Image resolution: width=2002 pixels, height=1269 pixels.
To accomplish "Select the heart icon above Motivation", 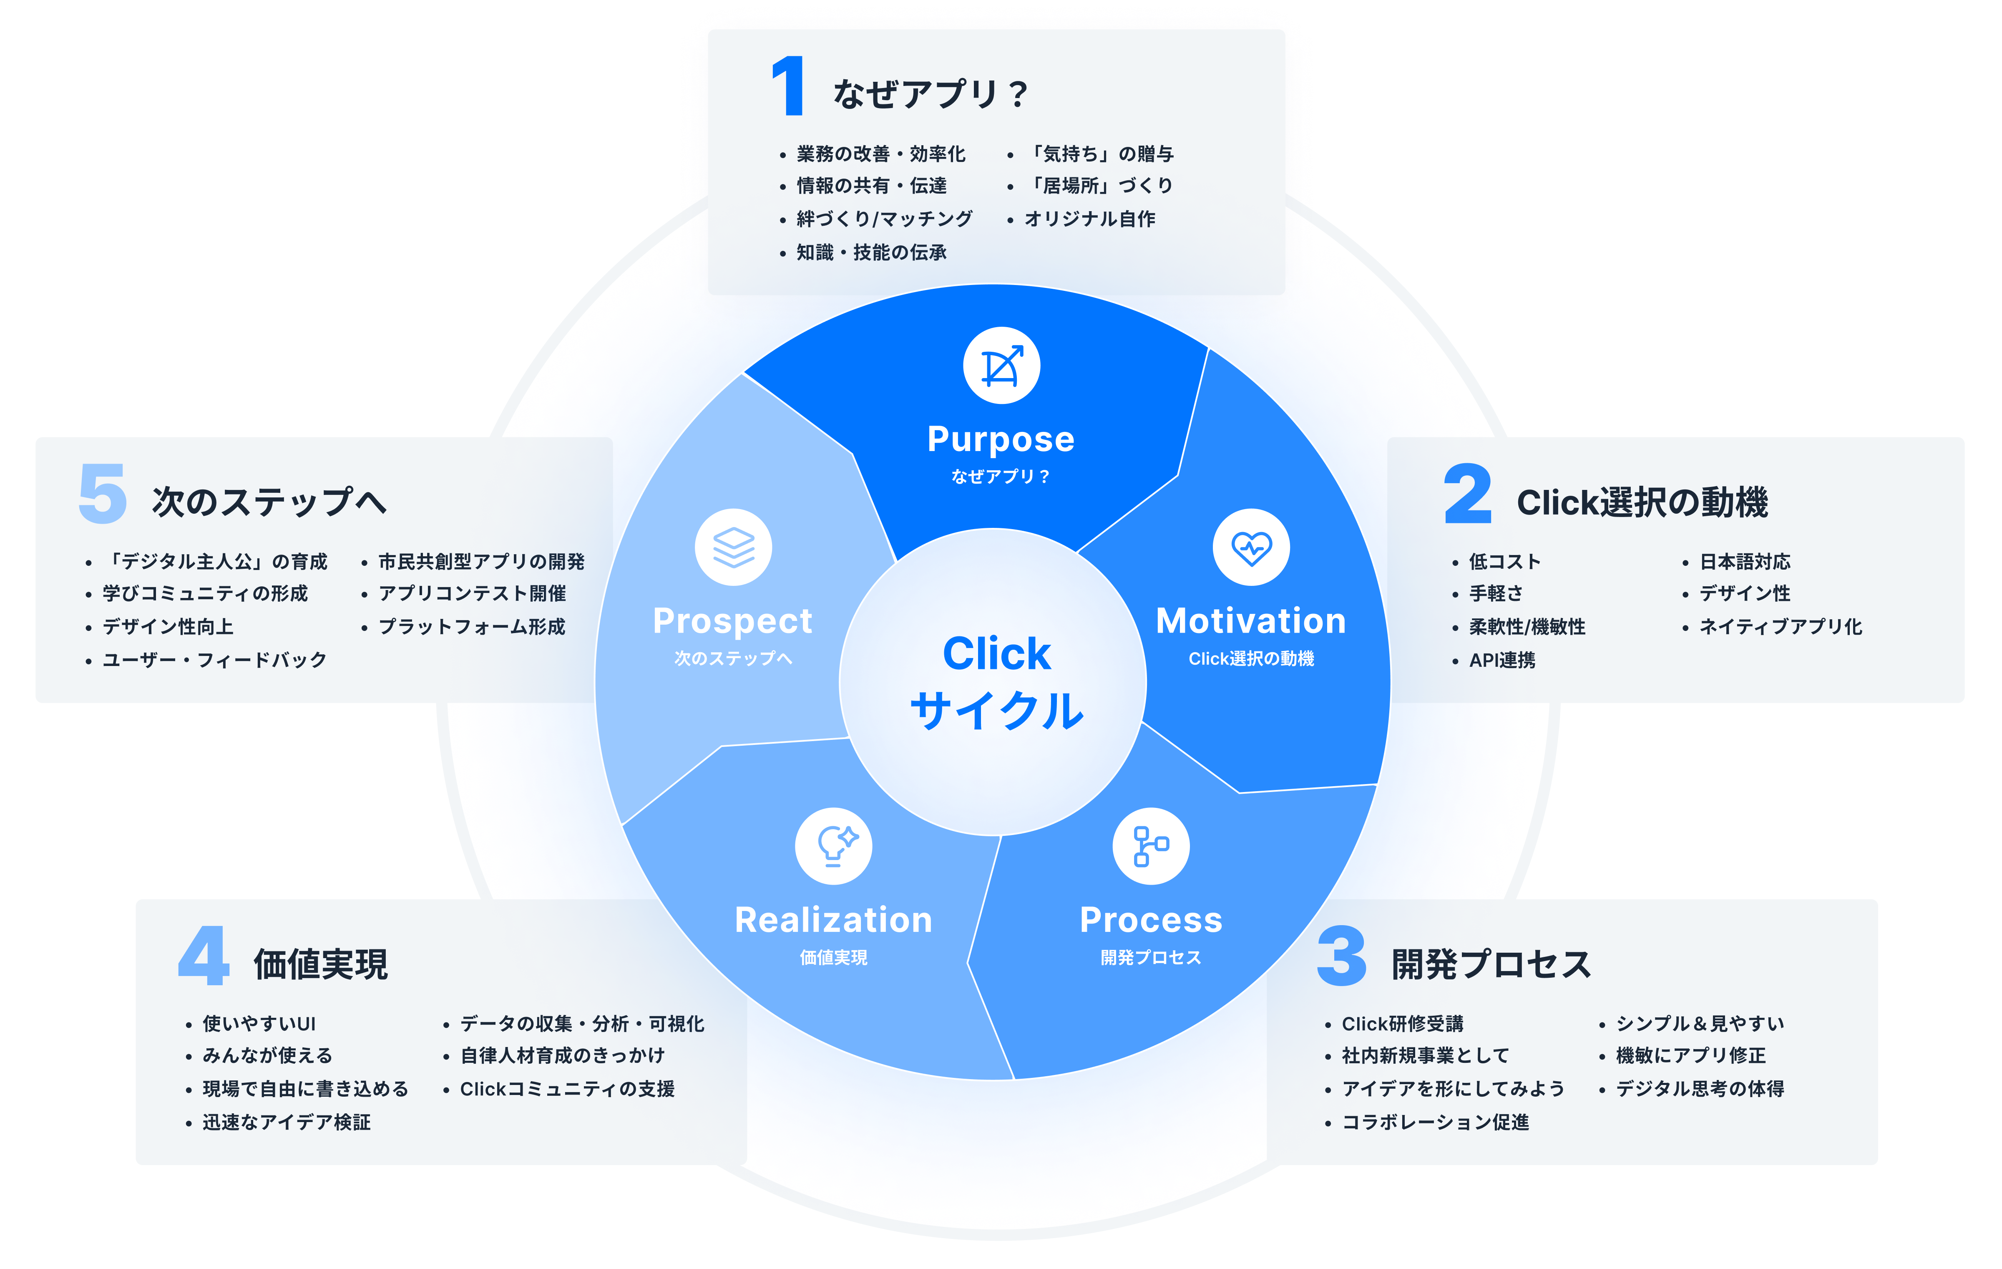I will [x=1251, y=547].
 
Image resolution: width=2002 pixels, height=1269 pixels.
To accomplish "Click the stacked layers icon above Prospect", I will [x=733, y=547].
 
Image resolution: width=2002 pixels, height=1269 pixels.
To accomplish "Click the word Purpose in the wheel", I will [x=1001, y=439].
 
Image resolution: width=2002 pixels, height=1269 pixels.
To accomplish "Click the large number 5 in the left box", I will [x=102, y=494].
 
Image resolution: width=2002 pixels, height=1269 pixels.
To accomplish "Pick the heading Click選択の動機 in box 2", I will [x=1642, y=502].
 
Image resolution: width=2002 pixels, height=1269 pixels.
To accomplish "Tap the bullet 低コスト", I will [x=1504, y=561].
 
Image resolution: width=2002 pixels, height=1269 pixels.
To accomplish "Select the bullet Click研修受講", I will [x=1403, y=1024].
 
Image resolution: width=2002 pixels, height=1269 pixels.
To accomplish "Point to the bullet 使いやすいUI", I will [x=259, y=1024].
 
